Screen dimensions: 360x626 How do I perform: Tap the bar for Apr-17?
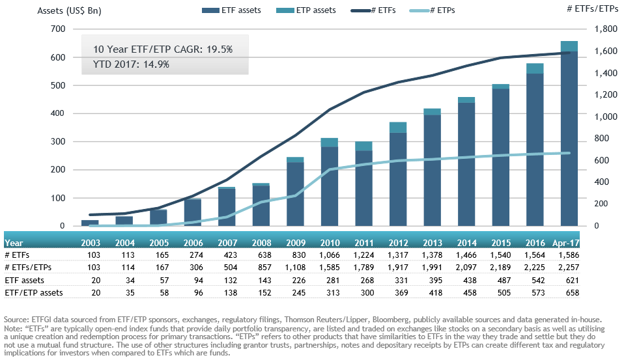(x=569, y=133)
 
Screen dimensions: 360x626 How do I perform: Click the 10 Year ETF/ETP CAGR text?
(x=162, y=49)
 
